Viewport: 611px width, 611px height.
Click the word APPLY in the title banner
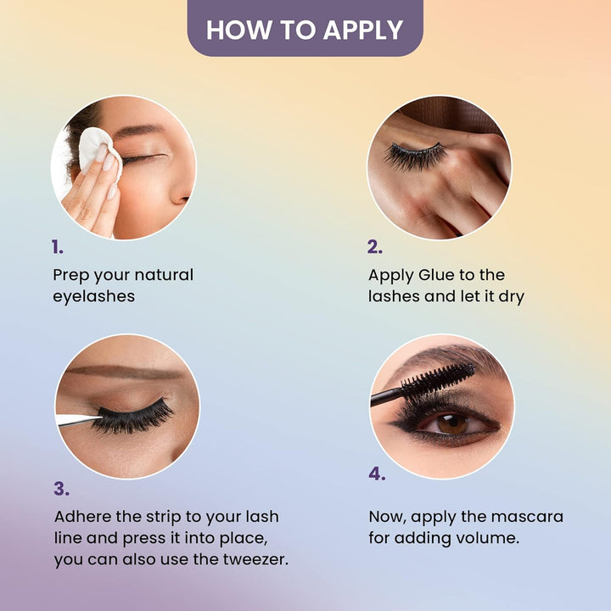point(363,31)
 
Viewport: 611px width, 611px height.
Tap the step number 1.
point(58,247)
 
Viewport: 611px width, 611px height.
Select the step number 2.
point(375,247)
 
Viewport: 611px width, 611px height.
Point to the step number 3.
point(62,489)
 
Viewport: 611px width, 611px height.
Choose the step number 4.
point(377,474)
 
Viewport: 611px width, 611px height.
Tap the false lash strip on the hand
point(415,155)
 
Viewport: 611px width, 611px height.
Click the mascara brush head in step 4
point(439,378)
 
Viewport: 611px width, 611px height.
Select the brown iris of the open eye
point(452,424)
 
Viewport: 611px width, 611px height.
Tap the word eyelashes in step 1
point(94,297)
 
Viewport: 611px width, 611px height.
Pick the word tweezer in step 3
point(255,560)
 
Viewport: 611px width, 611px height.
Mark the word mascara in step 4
point(527,517)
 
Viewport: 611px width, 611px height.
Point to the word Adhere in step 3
point(82,517)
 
